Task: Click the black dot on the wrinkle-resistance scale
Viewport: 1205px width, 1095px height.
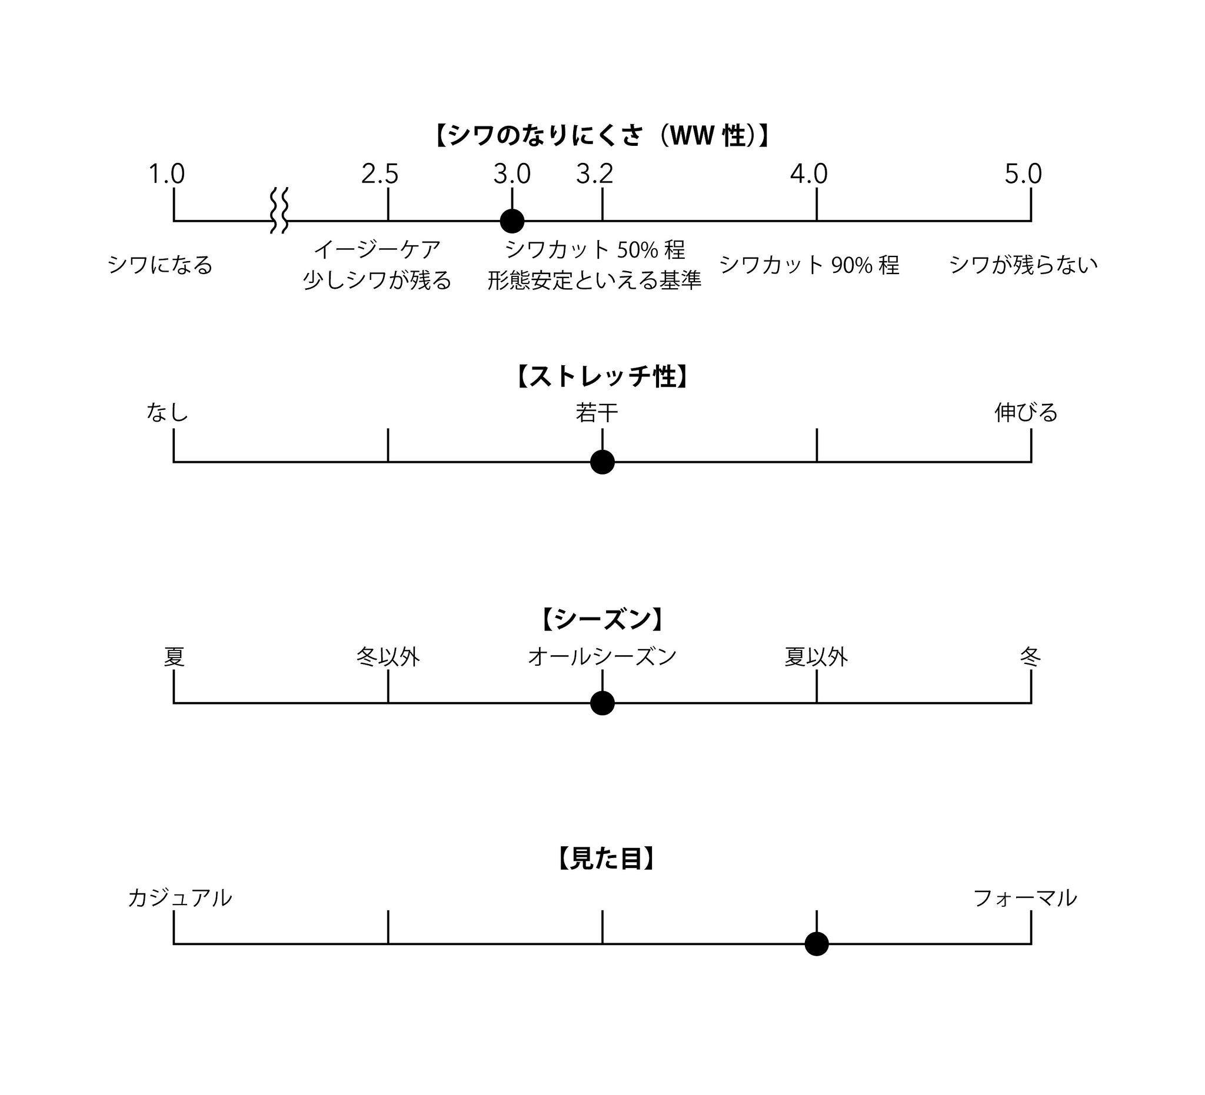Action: click(x=512, y=221)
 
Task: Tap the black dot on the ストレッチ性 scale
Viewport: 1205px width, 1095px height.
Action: click(x=602, y=462)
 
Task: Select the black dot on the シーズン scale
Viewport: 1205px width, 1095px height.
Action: click(x=602, y=703)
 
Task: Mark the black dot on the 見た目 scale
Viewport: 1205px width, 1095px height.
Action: click(x=817, y=944)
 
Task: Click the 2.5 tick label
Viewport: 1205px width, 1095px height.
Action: click(x=380, y=175)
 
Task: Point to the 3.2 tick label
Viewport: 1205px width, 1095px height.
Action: click(x=594, y=175)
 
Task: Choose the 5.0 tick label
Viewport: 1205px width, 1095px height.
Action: click(x=1023, y=175)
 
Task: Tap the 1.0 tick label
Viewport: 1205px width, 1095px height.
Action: click(x=166, y=175)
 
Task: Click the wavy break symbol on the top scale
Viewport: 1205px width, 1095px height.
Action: click(x=279, y=211)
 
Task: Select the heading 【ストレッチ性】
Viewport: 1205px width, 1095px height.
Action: click(x=602, y=377)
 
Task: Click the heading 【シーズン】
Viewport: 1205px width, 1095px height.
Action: click(x=602, y=619)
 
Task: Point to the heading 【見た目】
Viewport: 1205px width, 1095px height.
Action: click(x=605, y=859)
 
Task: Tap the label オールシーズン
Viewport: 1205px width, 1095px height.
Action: click(x=602, y=657)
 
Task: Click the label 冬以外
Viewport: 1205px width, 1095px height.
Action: click(x=388, y=657)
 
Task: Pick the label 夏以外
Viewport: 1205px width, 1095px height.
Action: click(x=816, y=657)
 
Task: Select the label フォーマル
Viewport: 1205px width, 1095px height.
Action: click(x=1025, y=899)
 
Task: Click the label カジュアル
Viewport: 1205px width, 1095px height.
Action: click(x=179, y=899)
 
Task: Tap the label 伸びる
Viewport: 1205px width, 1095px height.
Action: click(x=1026, y=413)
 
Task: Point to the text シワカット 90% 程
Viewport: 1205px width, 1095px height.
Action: click(x=808, y=265)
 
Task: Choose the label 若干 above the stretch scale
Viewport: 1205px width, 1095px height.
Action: click(x=597, y=413)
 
